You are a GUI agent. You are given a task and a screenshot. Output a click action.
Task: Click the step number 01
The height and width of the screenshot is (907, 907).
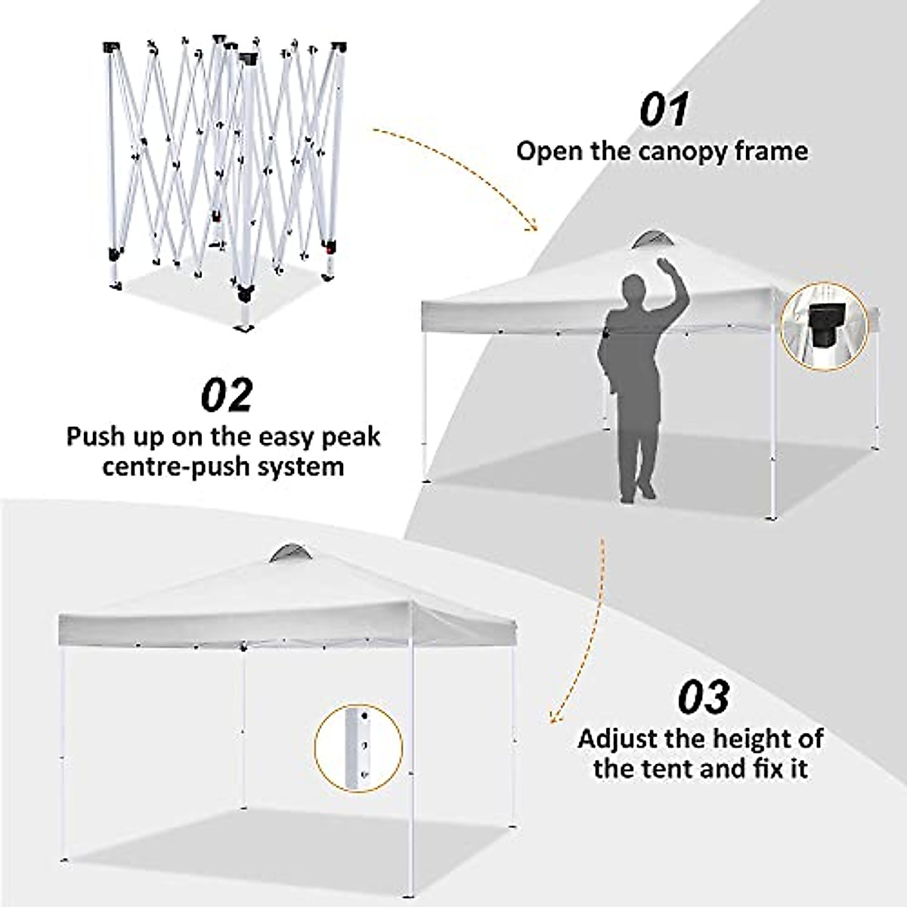[664, 110]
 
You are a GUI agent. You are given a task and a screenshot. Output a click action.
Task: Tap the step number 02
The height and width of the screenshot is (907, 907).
[227, 395]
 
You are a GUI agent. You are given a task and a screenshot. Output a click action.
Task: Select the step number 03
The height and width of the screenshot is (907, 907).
[703, 697]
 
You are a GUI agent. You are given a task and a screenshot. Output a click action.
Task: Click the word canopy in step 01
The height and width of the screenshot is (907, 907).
[684, 151]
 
